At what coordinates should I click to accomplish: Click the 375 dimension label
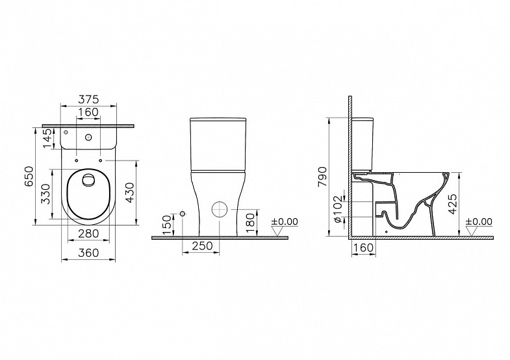point(88,99)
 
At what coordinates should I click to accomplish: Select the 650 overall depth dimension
point(29,176)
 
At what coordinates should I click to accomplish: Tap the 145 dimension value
point(47,138)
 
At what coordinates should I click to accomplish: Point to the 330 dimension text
point(46,194)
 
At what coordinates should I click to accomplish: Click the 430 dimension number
point(129,192)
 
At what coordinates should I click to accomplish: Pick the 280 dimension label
point(88,233)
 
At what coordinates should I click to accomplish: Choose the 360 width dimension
point(88,252)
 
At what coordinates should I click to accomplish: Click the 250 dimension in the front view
point(202,246)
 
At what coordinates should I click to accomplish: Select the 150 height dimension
point(166,225)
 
